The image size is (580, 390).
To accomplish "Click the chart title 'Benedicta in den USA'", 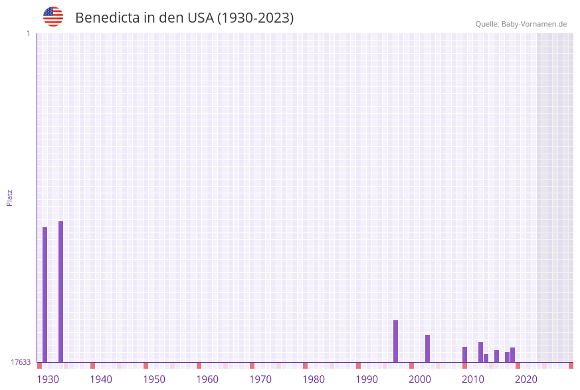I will [x=184, y=18].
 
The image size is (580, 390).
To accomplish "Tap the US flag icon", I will [x=53, y=17].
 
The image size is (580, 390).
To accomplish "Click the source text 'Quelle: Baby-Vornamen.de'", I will [x=521, y=24].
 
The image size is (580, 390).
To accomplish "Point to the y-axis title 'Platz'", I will [x=10, y=197].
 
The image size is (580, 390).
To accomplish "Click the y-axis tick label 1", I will [x=28, y=33].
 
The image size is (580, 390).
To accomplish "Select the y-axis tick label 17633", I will [x=21, y=362].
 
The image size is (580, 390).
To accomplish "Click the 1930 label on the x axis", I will [x=48, y=379].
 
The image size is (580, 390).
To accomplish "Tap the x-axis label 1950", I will [x=154, y=379].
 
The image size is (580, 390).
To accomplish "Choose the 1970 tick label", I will [x=260, y=379].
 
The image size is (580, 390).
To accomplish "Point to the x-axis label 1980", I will [x=314, y=379].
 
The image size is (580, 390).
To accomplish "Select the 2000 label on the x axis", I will [x=420, y=379].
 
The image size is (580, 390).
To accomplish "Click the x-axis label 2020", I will [x=526, y=379].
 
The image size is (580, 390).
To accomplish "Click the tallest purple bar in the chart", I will [x=60, y=292].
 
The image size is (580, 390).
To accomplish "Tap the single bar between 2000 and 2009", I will [x=427, y=348].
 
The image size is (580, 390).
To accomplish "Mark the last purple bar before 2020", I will [x=512, y=355].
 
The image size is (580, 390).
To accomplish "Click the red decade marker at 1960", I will [x=199, y=365].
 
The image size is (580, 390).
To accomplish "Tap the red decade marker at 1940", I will [x=92, y=365].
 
